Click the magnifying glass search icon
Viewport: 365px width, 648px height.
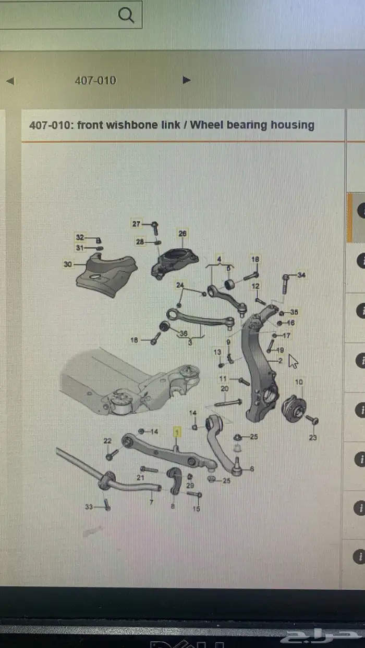pyautogui.click(x=126, y=15)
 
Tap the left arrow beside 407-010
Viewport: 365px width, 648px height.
pyautogui.click(x=10, y=81)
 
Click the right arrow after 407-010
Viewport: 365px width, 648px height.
pyautogui.click(x=187, y=80)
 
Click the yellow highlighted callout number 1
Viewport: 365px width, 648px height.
pyautogui.click(x=177, y=432)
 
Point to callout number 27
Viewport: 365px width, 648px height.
pyautogui.click(x=137, y=224)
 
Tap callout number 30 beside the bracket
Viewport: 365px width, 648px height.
pyautogui.click(x=68, y=264)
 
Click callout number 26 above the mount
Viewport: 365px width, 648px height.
pyautogui.click(x=182, y=234)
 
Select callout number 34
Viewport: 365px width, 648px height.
pyautogui.click(x=302, y=275)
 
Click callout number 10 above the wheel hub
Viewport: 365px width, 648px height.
pyautogui.click(x=299, y=382)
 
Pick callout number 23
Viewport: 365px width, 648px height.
pyautogui.click(x=313, y=438)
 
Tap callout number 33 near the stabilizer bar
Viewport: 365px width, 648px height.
pyautogui.click(x=89, y=506)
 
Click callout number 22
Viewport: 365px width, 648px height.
pyautogui.click(x=107, y=441)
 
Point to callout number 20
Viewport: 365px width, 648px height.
pyautogui.click(x=225, y=389)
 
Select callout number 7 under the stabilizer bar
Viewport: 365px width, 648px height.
pyautogui.click(x=151, y=502)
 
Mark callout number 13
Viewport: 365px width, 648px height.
pyautogui.click(x=217, y=352)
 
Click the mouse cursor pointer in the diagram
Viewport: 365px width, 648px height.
pyautogui.click(x=293, y=361)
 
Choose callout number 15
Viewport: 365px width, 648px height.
pyautogui.click(x=196, y=509)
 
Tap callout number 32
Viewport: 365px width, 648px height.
pyautogui.click(x=80, y=237)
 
